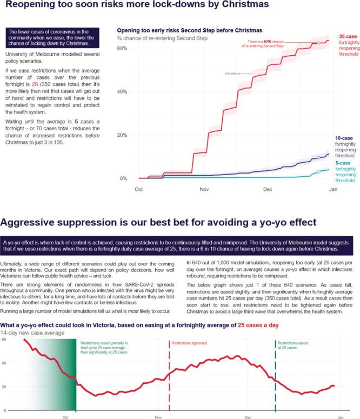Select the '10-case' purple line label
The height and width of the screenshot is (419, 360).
(344, 138)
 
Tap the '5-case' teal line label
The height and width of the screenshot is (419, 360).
(342, 163)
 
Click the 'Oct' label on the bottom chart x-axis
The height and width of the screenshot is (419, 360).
(66, 417)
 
